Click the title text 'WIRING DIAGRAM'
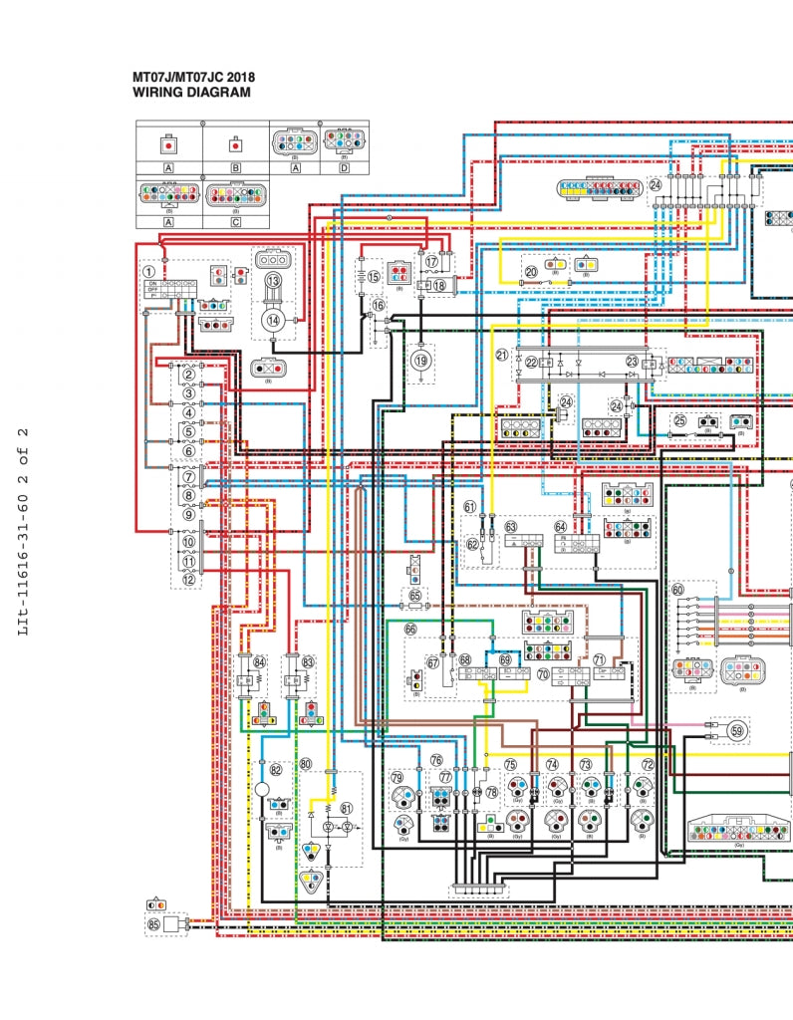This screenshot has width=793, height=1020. click(191, 93)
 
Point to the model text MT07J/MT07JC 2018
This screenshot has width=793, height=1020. click(194, 76)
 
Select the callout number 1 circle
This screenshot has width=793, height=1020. click(148, 270)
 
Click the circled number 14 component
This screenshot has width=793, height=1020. click(273, 319)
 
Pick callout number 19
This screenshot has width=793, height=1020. click(421, 361)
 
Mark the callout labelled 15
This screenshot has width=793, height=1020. click(374, 276)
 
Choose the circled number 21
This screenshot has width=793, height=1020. click(501, 355)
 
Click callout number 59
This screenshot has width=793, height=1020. click(736, 730)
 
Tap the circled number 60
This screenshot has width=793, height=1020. click(677, 590)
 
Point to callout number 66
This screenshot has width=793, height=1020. click(409, 629)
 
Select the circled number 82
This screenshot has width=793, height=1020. click(275, 769)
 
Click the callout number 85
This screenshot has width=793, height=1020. click(153, 924)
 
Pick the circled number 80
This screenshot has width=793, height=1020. click(306, 764)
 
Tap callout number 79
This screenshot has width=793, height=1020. click(396, 778)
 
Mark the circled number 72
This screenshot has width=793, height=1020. click(648, 765)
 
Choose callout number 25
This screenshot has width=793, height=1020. click(680, 420)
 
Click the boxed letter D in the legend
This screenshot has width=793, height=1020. click(344, 168)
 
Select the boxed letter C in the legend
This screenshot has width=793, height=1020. click(236, 222)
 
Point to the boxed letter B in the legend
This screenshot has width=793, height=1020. click(236, 168)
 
